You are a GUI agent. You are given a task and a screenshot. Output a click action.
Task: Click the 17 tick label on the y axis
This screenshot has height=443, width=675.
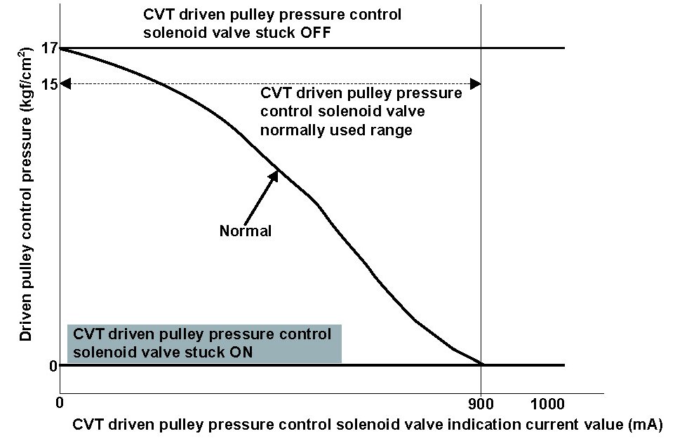point(48,48)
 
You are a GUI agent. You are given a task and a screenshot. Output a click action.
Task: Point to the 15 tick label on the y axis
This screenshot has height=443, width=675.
point(48,84)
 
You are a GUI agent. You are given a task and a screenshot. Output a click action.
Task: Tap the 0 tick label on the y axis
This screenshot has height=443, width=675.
point(52,365)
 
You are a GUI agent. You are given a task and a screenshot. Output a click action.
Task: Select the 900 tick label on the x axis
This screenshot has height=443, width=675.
point(481,404)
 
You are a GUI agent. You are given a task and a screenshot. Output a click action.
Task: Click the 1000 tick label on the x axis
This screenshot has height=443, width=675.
point(547,404)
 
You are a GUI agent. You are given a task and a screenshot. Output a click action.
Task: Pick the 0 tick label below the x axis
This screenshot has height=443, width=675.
point(60,404)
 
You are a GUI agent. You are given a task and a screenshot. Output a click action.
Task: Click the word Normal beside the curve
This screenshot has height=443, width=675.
point(245,231)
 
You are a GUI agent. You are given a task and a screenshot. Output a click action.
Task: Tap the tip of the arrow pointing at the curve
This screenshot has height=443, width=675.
point(278,170)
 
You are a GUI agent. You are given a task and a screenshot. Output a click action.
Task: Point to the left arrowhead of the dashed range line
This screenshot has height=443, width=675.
point(65,84)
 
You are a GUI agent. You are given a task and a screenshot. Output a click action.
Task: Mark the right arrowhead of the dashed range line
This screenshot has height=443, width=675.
point(476,84)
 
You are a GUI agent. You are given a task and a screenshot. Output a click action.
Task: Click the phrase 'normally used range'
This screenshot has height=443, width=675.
point(336,130)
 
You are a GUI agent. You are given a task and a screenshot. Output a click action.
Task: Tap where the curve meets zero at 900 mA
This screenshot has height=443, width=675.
point(481,364)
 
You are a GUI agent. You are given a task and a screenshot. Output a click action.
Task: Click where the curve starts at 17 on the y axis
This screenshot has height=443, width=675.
point(61,48)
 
